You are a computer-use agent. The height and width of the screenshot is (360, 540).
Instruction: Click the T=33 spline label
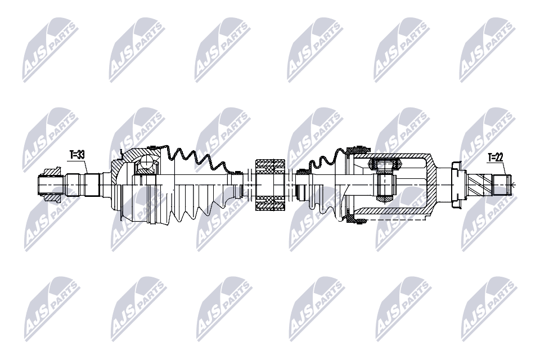[78, 154]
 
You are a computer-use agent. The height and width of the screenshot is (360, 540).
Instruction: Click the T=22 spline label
[496, 157]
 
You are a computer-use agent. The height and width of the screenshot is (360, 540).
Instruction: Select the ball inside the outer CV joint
[147, 164]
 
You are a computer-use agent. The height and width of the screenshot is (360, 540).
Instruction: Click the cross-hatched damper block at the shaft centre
[271, 185]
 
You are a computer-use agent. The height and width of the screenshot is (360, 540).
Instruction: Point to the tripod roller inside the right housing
[384, 165]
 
